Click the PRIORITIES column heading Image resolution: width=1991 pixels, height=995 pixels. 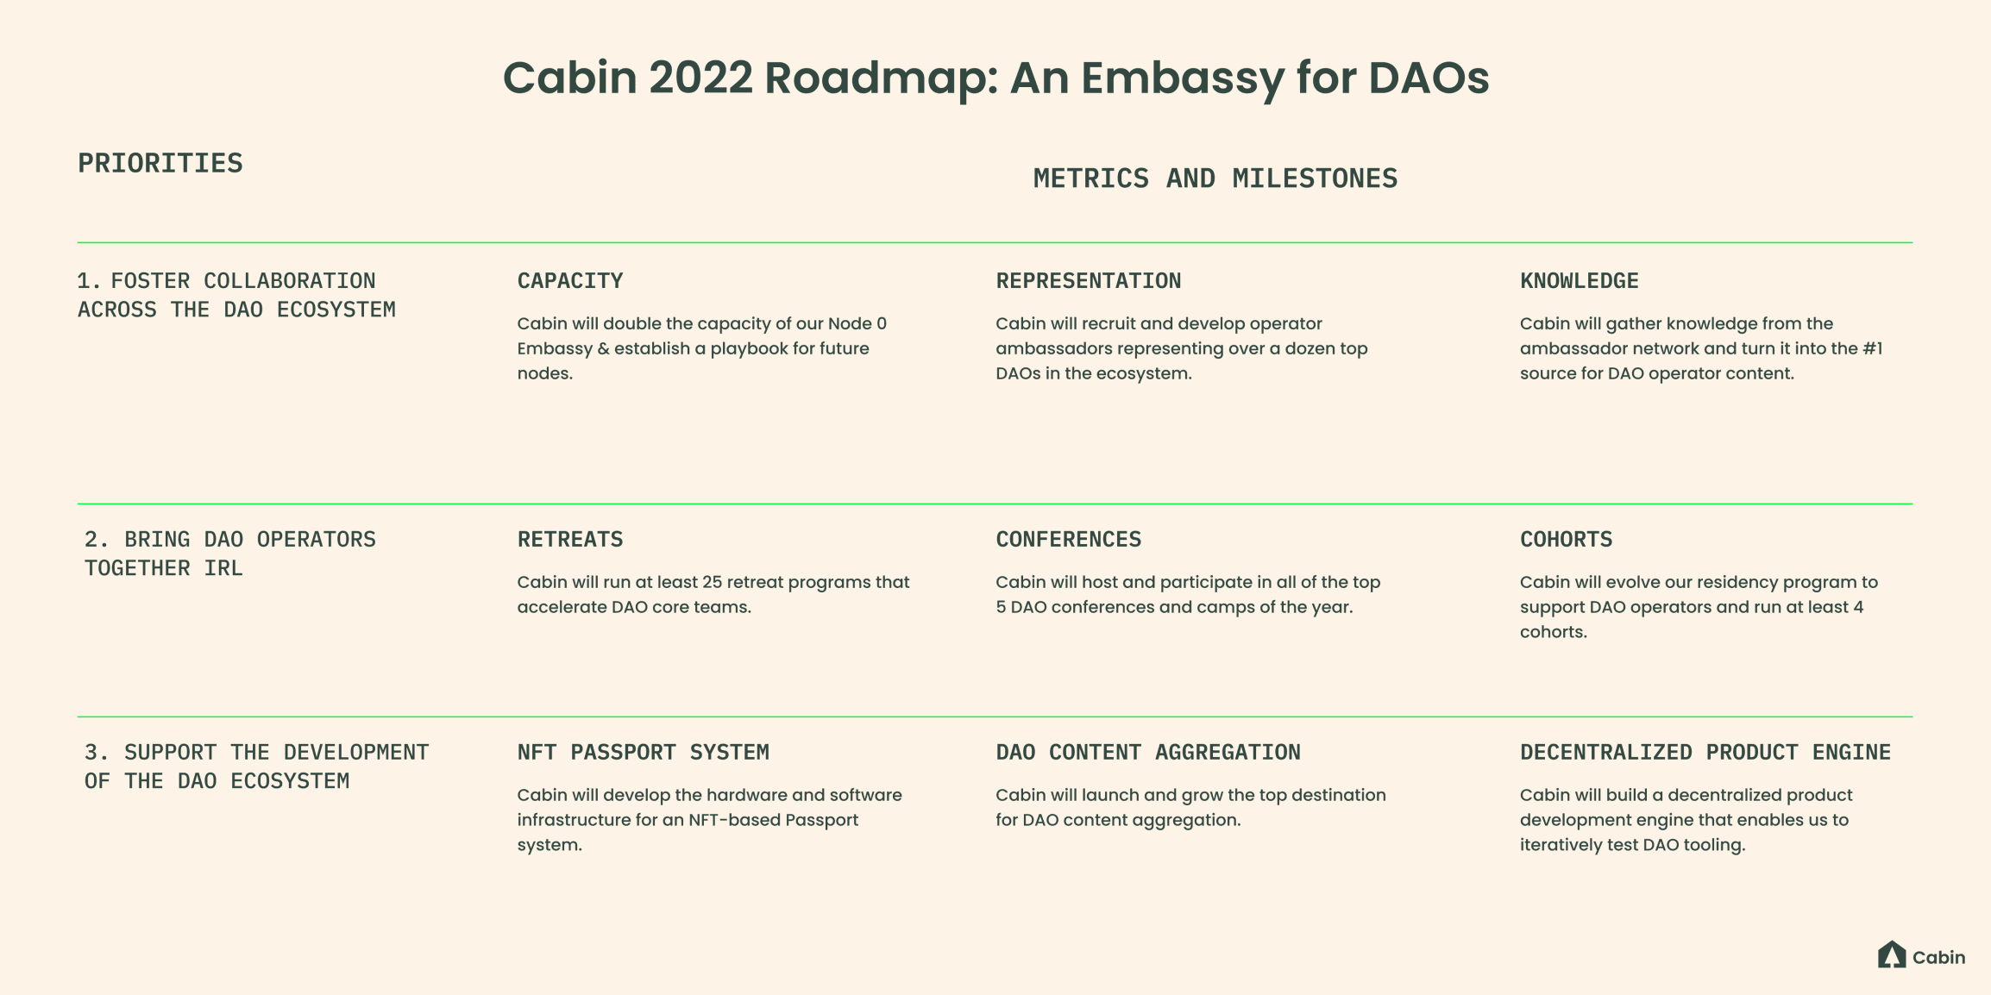click(160, 163)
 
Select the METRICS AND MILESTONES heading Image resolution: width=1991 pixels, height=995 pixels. click(1215, 178)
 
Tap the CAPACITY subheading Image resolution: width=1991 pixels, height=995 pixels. click(570, 281)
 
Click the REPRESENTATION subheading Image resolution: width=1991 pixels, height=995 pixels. click(1089, 281)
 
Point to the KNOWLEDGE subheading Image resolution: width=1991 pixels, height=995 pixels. click(1580, 281)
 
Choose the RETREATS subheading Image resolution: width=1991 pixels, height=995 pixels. click(570, 540)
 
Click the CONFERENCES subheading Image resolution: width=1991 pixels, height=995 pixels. click(1069, 540)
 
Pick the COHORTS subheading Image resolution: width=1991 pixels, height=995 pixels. click(1567, 540)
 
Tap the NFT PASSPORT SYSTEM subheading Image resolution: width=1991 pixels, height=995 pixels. click(644, 753)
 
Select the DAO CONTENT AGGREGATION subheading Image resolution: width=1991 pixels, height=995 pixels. click(1148, 753)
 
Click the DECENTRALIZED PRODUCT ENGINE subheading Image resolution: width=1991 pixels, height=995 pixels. click(1705, 753)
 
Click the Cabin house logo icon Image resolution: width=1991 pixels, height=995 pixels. click(1892, 954)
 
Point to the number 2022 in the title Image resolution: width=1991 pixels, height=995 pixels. click(700, 78)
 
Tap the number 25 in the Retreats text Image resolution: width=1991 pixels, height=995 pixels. click(712, 582)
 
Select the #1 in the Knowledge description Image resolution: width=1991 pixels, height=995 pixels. click(1872, 348)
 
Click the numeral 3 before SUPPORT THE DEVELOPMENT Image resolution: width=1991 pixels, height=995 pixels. click(91, 753)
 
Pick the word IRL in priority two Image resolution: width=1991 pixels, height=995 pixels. click(223, 568)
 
